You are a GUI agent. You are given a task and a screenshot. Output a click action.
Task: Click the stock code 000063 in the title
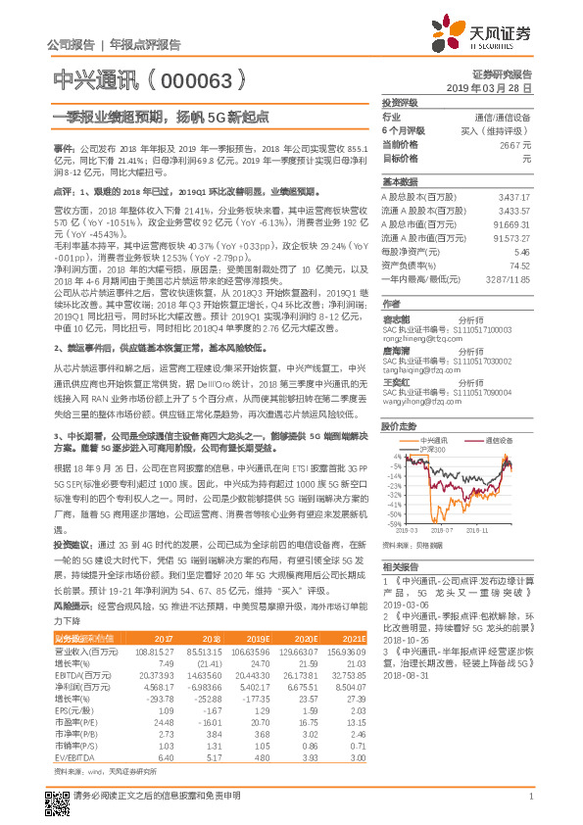click(200, 78)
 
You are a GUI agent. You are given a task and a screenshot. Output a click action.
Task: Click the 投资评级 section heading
click(400, 102)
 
